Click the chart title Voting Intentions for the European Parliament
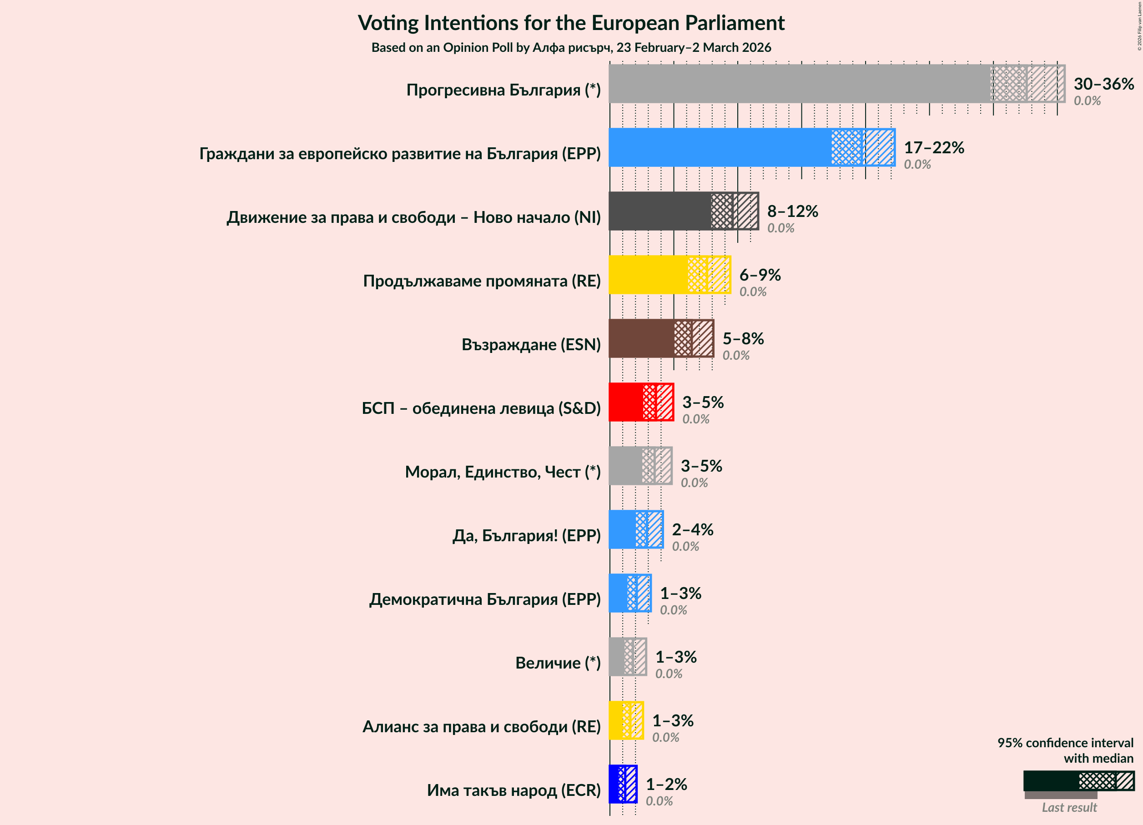click(571, 23)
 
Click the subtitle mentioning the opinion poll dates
click(571, 47)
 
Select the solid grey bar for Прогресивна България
click(799, 84)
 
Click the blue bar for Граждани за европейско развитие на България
click(720, 147)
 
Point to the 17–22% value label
click(933, 147)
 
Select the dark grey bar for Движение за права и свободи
click(659, 211)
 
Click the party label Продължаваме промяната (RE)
click(481, 281)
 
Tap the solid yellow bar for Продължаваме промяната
click(648, 275)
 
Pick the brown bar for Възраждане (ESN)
click(641, 338)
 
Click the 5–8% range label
click(743, 338)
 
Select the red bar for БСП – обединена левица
click(625, 402)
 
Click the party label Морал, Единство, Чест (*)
click(503, 472)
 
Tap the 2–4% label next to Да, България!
click(692, 529)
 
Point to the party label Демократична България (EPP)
click(484, 599)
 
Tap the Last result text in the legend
click(1069, 807)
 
